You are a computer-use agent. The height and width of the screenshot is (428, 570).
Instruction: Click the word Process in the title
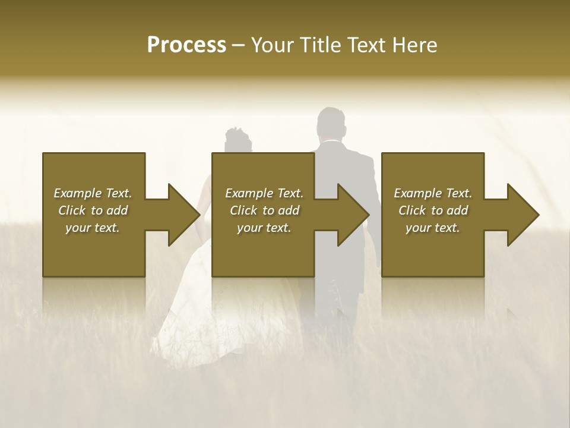click(x=186, y=45)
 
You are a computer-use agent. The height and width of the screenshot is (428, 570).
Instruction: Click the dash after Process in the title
click(x=239, y=46)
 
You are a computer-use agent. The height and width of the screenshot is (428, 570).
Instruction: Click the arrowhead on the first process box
click(x=184, y=215)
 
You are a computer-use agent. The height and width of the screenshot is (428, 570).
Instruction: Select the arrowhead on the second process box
click(x=353, y=215)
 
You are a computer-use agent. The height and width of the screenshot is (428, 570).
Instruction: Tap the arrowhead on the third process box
click(x=523, y=215)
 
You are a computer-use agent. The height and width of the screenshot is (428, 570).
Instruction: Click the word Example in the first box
click(x=77, y=193)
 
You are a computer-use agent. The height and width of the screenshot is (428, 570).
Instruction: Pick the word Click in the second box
click(x=243, y=210)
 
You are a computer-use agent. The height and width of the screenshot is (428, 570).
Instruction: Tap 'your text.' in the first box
click(x=92, y=228)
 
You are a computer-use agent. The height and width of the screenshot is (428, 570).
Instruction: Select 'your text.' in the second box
click(x=264, y=228)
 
